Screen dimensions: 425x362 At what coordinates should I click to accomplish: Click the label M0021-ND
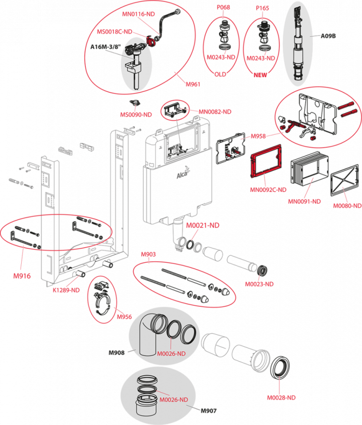click(x=203, y=225)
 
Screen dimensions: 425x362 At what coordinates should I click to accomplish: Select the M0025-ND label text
click(x=260, y=284)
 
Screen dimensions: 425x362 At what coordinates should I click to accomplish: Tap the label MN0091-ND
click(x=305, y=201)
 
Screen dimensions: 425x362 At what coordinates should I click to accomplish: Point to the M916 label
click(x=21, y=277)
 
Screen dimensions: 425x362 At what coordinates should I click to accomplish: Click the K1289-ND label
click(x=66, y=290)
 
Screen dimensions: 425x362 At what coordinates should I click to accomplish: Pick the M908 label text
click(x=148, y=254)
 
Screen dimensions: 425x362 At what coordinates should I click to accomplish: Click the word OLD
click(x=221, y=74)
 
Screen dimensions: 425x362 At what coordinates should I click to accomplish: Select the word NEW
click(x=261, y=75)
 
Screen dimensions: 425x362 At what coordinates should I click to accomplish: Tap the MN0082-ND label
click(x=215, y=111)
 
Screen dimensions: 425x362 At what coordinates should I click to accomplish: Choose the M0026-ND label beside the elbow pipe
click(x=171, y=354)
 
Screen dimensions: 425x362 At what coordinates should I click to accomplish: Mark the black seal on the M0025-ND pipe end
click(x=263, y=270)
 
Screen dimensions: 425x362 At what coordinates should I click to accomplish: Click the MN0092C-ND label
click(x=268, y=190)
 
